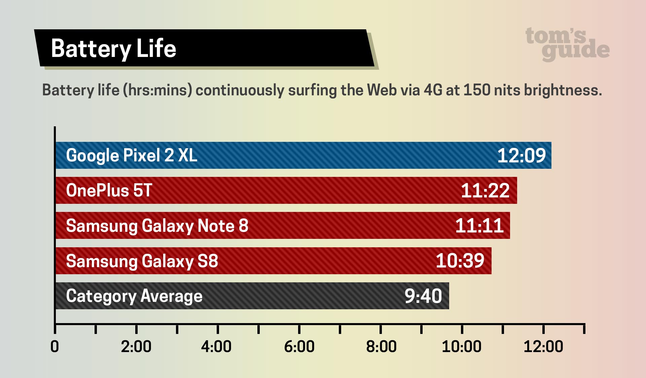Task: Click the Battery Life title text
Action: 113,49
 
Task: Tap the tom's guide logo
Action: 567,44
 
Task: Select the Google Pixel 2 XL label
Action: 132,156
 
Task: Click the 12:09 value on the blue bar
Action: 521,156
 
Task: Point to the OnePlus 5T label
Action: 109,191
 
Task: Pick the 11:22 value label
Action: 485,191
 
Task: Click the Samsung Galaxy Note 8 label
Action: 157,226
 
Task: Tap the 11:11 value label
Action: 479,226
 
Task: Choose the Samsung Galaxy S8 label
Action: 142,261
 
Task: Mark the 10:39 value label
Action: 460,261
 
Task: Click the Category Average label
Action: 134,296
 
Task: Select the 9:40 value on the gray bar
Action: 423,296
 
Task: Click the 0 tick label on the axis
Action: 55,347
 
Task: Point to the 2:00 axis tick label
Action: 136,347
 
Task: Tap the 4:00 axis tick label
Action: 216,347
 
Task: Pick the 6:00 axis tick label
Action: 299,347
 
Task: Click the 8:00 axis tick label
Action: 381,347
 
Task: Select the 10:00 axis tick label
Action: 461,347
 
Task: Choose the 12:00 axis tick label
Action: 543,347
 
